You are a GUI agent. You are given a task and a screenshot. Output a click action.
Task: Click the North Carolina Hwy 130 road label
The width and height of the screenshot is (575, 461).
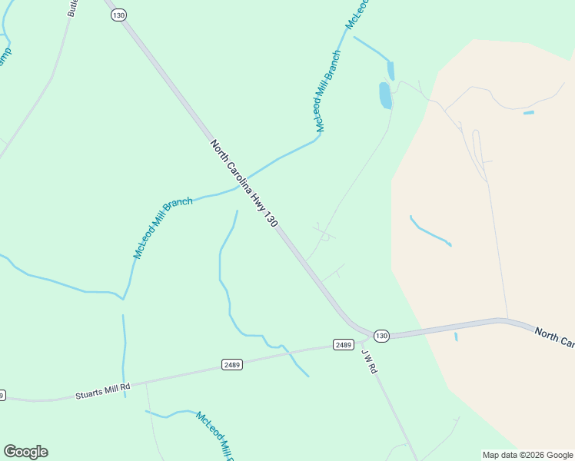tap(243, 183)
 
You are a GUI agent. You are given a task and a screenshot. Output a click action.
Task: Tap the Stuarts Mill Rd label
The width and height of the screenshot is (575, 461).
tap(103, 390)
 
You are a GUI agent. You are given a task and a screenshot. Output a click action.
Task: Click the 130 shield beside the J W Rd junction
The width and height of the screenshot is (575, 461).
tap(381, 336)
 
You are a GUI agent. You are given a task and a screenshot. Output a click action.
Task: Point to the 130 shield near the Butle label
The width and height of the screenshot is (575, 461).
tap(118, 15)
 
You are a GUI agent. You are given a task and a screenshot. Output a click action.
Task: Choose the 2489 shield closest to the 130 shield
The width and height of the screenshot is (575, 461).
tap(343, 344)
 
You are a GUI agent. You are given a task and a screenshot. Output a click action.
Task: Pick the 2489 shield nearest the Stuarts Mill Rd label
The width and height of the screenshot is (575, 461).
tap(232, 363)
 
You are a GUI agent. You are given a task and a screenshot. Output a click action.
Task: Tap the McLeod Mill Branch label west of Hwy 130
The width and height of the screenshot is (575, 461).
tap(163, 227)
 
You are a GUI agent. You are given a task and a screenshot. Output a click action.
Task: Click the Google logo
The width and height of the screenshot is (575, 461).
tap(25, 452)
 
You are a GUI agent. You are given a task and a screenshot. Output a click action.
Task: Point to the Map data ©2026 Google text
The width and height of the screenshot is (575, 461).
tap(528, 455)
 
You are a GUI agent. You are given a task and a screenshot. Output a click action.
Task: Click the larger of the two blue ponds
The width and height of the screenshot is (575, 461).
tap(385, 95)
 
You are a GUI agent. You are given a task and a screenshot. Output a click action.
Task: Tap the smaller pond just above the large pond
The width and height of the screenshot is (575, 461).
tap(391, 71)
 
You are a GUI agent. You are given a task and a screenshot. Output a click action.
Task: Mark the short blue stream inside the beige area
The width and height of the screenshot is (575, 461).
tap(430, 231)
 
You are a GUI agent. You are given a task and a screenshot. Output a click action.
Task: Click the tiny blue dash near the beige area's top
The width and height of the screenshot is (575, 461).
tap(528, 113)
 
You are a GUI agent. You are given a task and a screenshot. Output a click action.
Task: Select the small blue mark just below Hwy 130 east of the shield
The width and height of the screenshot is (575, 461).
tap(456, 337)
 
